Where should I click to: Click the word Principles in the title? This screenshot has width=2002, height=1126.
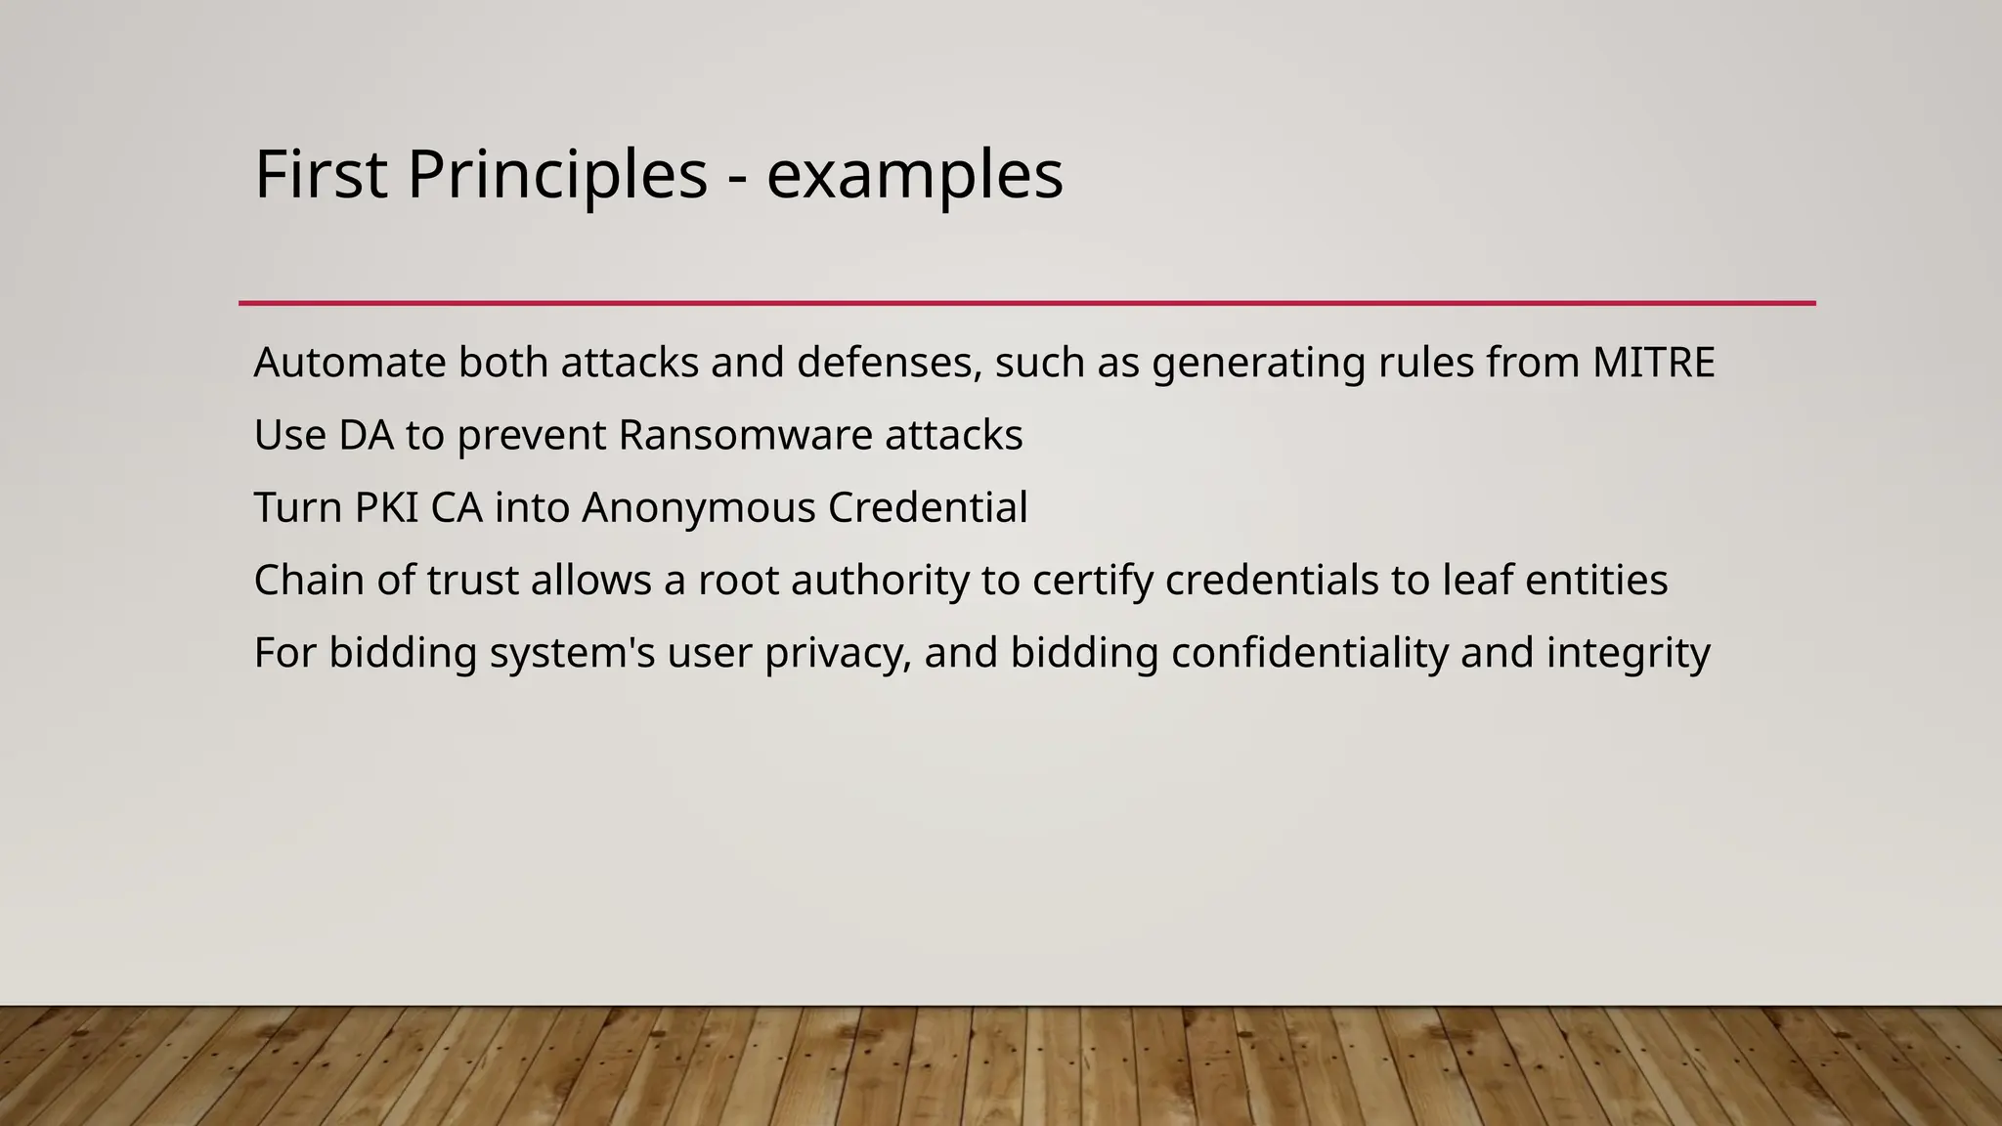(x=556, y=176)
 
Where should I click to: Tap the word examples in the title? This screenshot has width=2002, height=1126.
(x=914, y=176)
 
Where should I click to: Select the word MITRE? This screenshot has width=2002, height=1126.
(x=1653, y=363)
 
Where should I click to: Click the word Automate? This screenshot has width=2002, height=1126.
(x=350, y=363)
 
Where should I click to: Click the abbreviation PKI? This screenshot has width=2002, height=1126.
(x=385, y=508)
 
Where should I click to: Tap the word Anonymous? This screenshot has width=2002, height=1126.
(x=698, y=508)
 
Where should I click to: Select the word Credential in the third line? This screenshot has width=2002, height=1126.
(x=927, y=508)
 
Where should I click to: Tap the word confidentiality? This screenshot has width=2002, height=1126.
(x=1309, y=653)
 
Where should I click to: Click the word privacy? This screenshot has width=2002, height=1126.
(x=838, y=654)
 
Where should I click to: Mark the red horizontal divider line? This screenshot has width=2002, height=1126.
(x=1026, y=303)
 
